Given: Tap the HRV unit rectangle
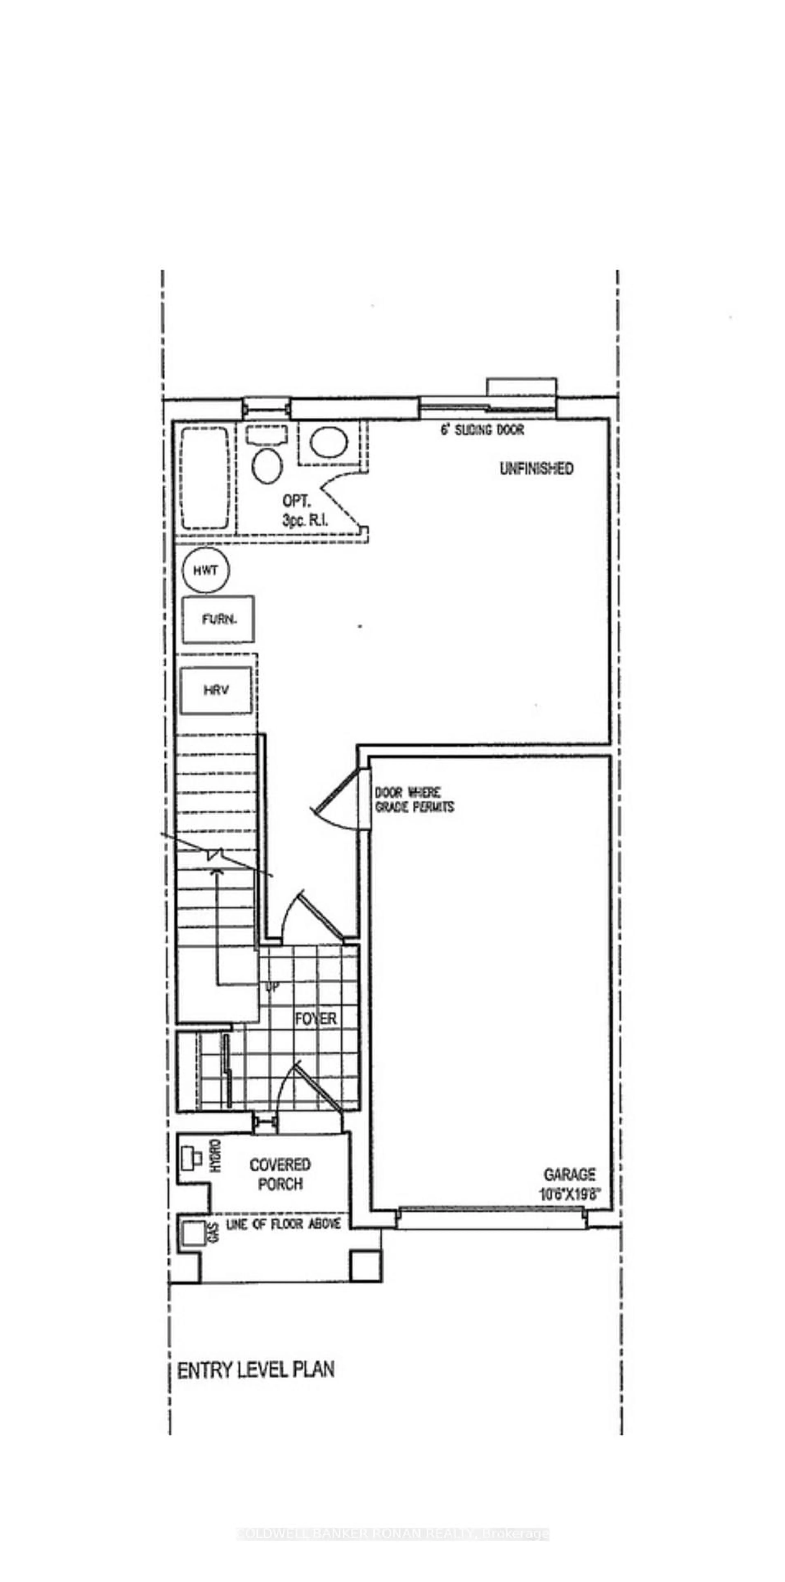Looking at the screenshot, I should (216, 690).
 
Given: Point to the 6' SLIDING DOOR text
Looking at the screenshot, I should (482, 429).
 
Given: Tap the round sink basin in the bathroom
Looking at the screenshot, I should (329, 441).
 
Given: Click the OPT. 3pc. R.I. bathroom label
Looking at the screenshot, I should (305, 510).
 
